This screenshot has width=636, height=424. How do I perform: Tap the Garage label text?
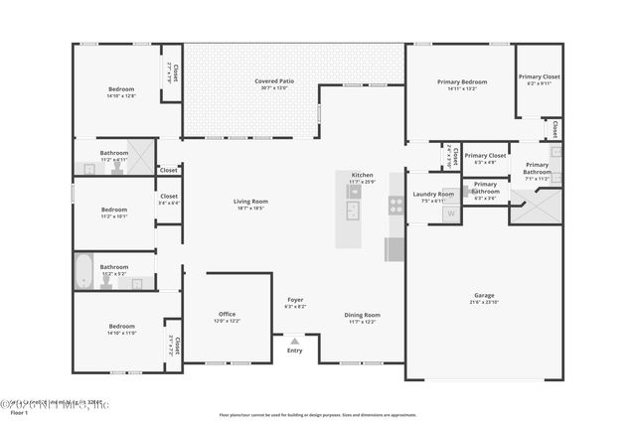coord(483,295)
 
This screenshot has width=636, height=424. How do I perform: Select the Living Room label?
coord(250,201)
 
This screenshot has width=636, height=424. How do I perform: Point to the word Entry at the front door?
coord(295,351)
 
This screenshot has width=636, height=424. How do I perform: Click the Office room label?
coord(228,314)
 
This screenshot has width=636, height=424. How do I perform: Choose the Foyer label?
coord(295,299)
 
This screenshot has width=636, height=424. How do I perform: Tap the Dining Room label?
coord(363,315)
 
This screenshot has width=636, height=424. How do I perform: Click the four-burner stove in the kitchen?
coord(396,207)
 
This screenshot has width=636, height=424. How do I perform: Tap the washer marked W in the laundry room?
coord(450,212)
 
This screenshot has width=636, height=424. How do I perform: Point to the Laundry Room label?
coord(433,194)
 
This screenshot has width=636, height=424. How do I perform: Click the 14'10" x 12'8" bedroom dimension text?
coord(121,96)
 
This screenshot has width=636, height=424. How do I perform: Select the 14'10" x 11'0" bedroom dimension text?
coord(121,333)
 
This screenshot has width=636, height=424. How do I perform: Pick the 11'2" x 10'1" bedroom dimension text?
coord(114,215)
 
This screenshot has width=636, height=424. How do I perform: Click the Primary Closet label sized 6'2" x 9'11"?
coord(539,76)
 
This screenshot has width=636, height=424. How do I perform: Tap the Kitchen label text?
coord(362,174)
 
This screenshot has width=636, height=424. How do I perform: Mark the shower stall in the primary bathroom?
coord(537,211)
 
